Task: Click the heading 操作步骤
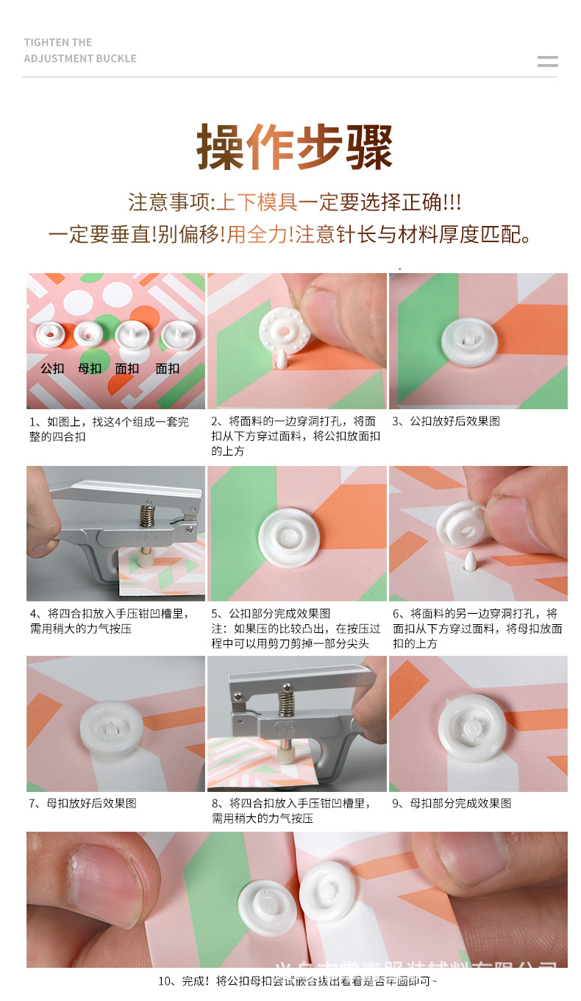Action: tap(294, 146)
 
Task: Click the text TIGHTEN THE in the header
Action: tap(58, 43)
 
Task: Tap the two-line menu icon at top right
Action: tap(547, 61)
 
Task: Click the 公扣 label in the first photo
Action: tap(52, 368)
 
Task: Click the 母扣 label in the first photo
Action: tap(90, 368)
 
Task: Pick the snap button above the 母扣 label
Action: tap(88, 334)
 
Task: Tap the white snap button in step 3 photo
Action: tap(469, 342)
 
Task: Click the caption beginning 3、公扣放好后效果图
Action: tap(446, 422)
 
